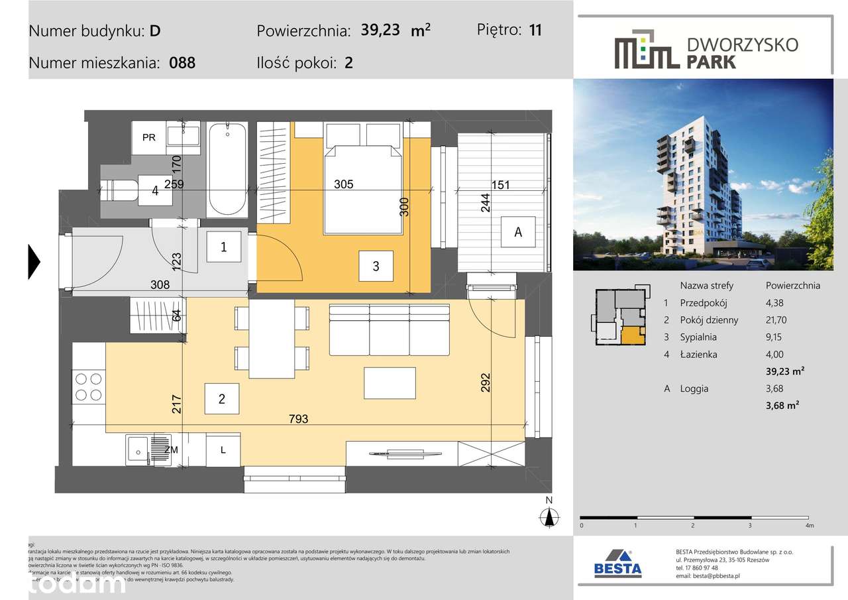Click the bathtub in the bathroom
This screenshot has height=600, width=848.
click(x=227, y=169)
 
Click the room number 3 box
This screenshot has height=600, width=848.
click(x=376, y=267)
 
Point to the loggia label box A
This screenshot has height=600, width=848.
click(x=518, y=232)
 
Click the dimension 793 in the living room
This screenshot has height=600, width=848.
click(x=298, y=419)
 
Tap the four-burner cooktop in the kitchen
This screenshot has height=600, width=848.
click(x=88, y=387)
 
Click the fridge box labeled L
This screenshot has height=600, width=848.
click(x=223, y=450)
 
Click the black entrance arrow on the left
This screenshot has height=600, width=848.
click(x=34, y=261)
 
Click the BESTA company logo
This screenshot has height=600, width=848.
click(x=617, y=564)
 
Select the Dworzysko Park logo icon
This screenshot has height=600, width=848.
click(x=646, y=49)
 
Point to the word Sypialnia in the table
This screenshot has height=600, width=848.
click(x=698, y=337)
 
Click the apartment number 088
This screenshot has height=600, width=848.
click(x=182, y=64)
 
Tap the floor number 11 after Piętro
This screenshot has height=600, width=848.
click(x=535, y=30)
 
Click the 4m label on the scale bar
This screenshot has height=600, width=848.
click(x=808, y=525)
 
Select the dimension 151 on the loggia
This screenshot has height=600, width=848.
click(x=502, y=185)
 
